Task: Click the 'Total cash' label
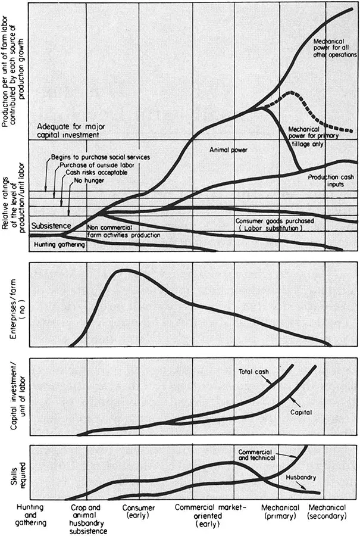(x=255, y=372)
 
